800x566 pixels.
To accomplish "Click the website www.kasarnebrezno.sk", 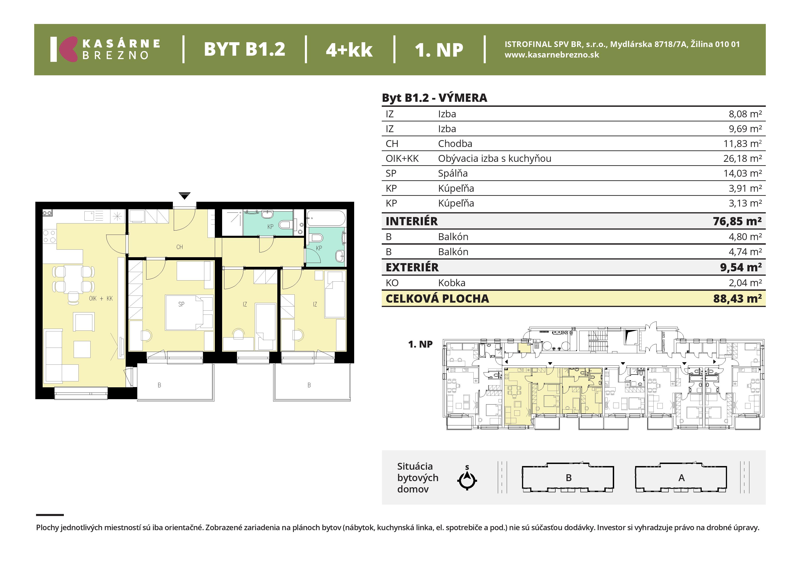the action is point(552,55).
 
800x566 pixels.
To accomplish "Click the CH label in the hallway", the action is point(179,247).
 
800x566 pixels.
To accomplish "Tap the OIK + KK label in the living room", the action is point(101,299).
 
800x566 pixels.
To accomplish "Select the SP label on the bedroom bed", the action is point(181,304).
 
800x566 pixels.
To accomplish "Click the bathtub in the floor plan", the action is point(326,218).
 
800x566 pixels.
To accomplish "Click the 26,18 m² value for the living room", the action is point(743,158).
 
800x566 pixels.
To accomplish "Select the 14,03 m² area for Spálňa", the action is point(743,173).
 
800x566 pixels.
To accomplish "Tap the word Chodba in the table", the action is point(455,144).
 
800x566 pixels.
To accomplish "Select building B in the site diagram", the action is point(568,478).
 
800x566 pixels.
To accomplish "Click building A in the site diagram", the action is point(681,478).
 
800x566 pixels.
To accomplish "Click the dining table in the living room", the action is point(73,279).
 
